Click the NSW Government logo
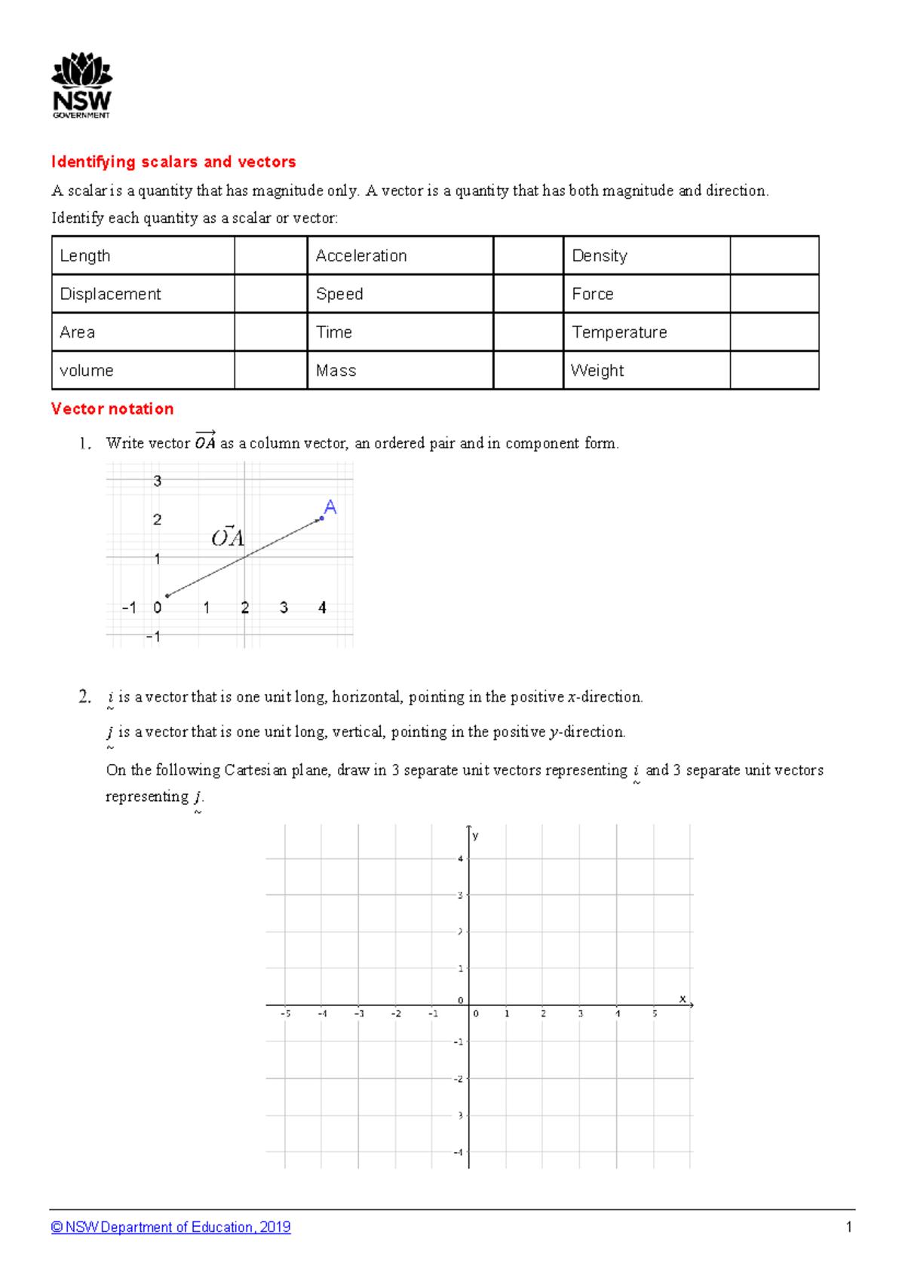[x=81, y=85]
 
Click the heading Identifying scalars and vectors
[x=173, y=162]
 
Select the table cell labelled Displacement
[x=143, y=294]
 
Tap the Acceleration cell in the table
[x=400, y=255]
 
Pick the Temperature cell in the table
[x=646, y=332]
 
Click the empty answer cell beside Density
[x=774, y=255]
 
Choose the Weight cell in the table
[x=646, y=371]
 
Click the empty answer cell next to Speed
[x=528, y=294]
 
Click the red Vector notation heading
[x=112, y=409]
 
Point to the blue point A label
[x=330, y=507]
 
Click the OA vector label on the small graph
[x=227, y=537]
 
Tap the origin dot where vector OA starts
[x=167, y=596]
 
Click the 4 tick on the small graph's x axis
[x=322, y=607]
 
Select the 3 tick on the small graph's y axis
[x=157, y=481]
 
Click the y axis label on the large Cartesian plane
[x=475, y=836]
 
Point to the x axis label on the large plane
[x=683, y=998]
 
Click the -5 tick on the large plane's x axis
[x=285, y=1014]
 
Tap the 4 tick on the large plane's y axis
[x=460, y=859]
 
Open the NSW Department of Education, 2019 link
[x=170, y=1228]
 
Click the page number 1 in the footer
[x=848, y=1228]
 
